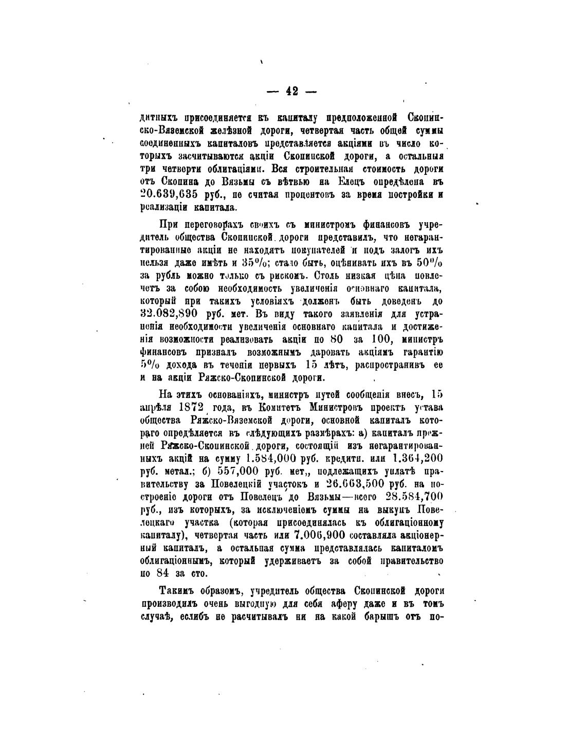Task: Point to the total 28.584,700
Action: point(417,497)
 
